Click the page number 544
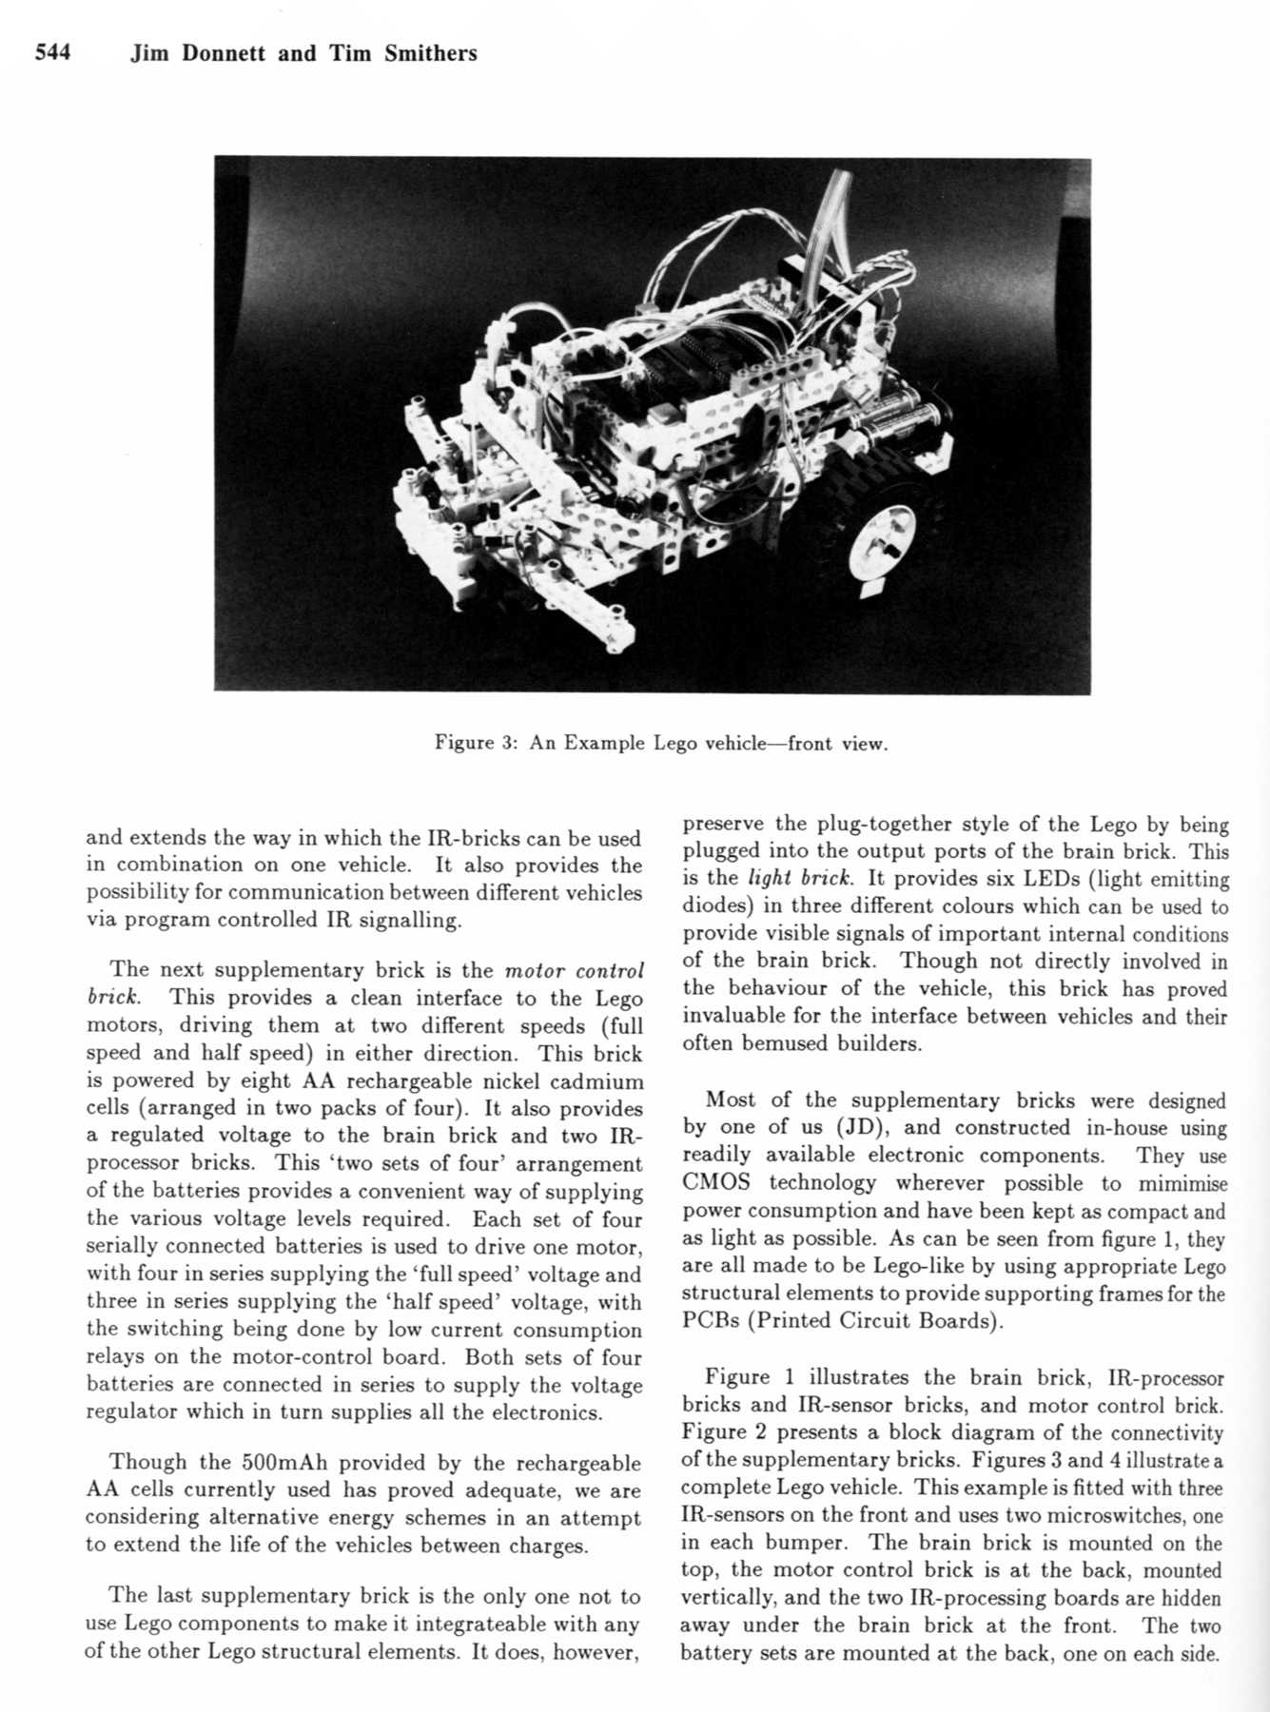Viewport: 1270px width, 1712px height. click(52, 53)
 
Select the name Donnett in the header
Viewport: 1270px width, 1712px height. click(225, 53)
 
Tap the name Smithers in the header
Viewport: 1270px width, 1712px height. click(431, 53)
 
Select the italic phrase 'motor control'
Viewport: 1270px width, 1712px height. click(574, 971)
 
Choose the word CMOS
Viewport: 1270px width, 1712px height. click(716, 1183)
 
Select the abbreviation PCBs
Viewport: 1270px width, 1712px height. click(710, 1321)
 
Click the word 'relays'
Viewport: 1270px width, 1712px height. click(114, 1357)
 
